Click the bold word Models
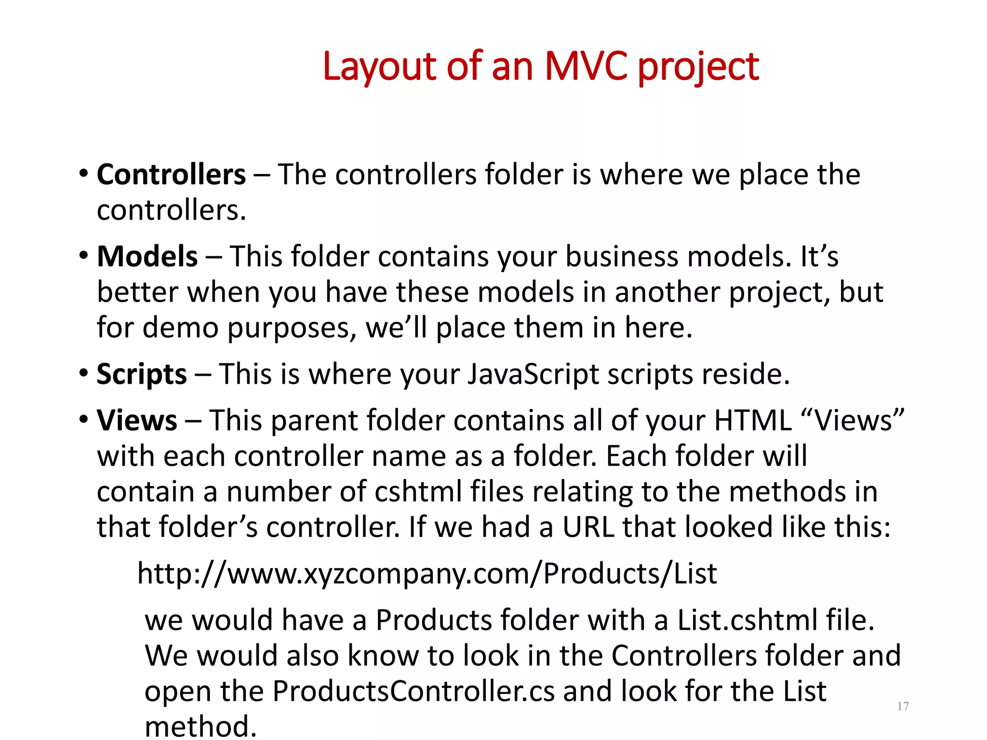(147, 256)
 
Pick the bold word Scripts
(141, 374)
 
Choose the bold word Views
(137, 421)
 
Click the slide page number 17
(903, 706)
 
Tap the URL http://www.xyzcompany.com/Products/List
(427, 574)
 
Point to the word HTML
(753, 421)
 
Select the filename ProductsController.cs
(413, 691)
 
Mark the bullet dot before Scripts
(84, 373)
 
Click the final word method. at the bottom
(200, 727)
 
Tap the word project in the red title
(698, 67)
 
